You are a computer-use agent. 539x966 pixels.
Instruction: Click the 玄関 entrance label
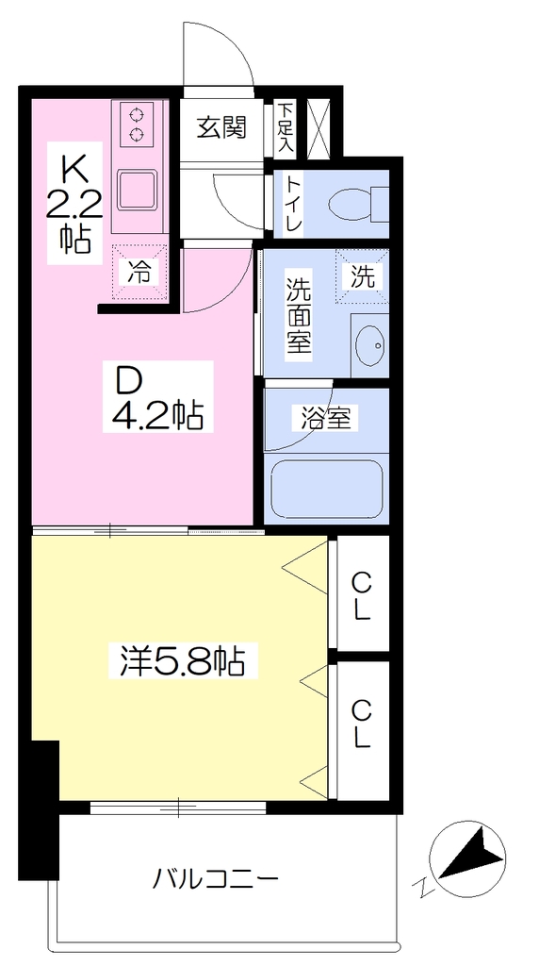(x=221, y=127)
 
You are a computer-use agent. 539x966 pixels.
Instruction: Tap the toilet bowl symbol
(x=358, y=203)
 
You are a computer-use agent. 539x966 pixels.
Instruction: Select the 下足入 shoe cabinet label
(x=285, y=128)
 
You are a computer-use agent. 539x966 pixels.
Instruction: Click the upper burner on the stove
(x=136, y=114)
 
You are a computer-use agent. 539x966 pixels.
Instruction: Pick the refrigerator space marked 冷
(x=139, y=273)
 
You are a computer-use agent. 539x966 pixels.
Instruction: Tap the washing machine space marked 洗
(x=362, y=276)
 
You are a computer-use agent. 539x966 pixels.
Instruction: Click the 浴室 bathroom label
(x=325, y=420)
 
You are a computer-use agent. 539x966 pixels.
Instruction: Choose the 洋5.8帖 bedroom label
(x=182, y=661)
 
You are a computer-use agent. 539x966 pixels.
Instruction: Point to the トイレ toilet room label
(x=293, y=204)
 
